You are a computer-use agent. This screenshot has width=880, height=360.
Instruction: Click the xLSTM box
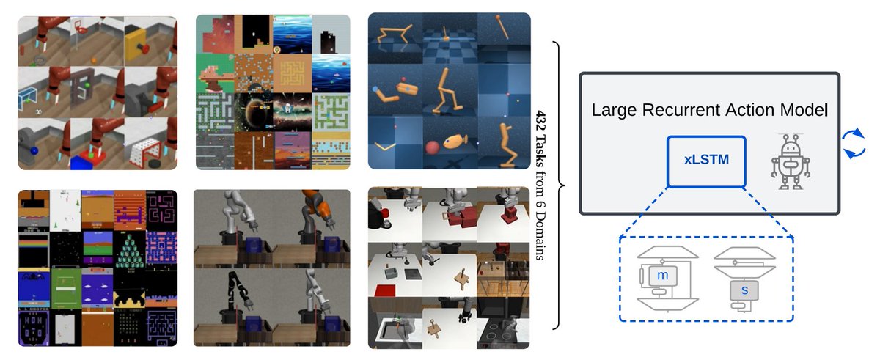[x=706, y=159]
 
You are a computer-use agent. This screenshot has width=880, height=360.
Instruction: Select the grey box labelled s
[x=744, y=290]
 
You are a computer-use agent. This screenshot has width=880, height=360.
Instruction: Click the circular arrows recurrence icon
[x=851, y=143]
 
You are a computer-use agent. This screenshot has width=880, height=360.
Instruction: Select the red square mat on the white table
[x=384, y=291]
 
